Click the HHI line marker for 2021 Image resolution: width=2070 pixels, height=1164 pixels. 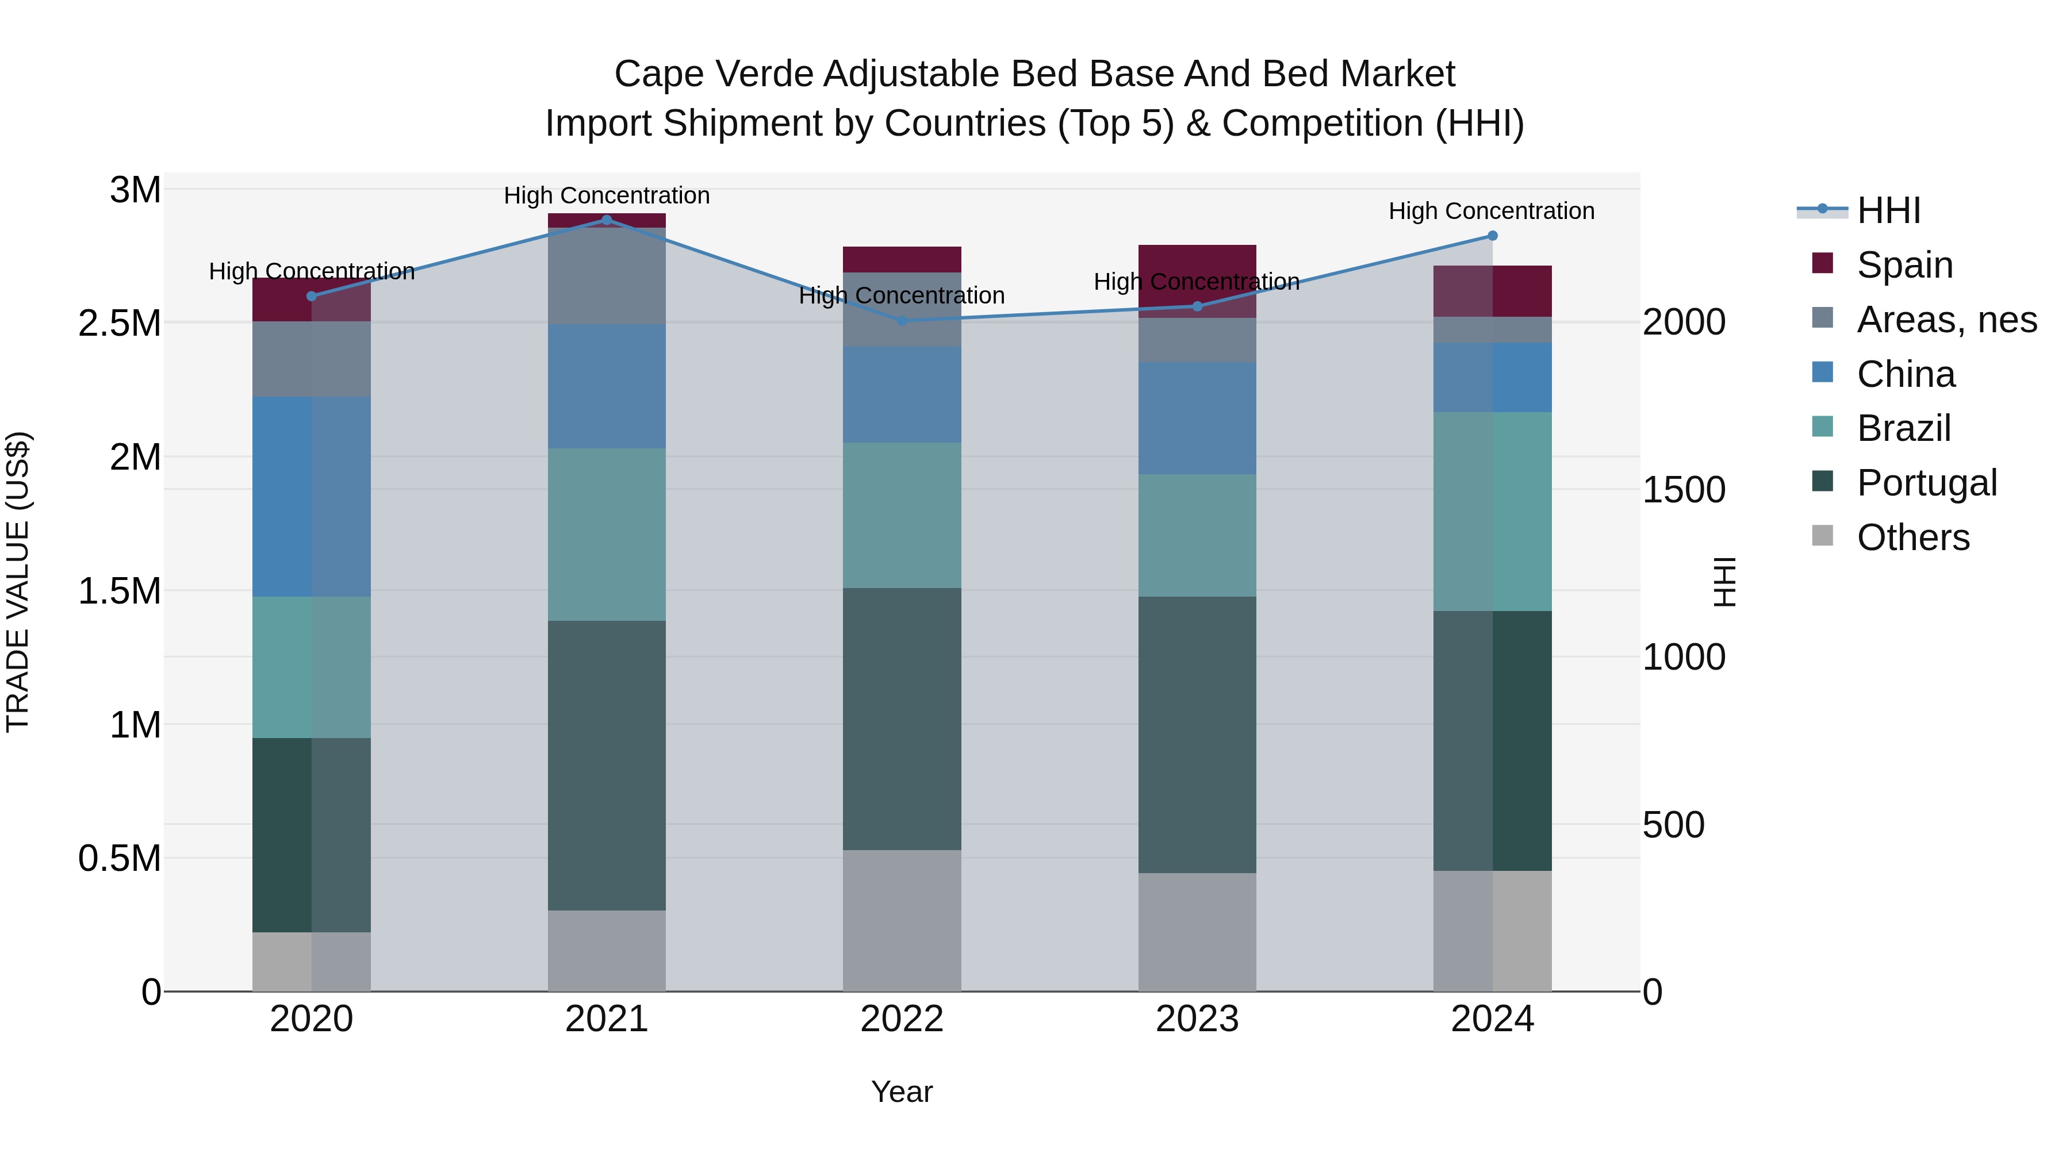607,220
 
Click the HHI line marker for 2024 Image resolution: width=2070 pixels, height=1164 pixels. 1492,235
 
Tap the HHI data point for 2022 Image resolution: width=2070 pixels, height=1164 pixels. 902,321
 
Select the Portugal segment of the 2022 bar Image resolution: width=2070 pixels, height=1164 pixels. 902,719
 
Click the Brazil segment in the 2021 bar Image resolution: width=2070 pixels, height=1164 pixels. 607,534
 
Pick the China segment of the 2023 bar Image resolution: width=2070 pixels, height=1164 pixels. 1197,418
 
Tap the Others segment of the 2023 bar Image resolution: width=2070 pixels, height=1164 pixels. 1197,932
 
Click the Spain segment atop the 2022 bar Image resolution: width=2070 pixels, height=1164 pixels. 902,259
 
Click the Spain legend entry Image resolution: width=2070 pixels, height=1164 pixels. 1904,265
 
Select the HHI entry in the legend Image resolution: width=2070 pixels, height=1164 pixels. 1888,210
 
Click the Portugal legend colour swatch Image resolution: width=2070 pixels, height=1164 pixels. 1823,482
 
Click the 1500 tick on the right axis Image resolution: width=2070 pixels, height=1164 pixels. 1684,490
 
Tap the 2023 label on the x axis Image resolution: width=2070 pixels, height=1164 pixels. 1197,1019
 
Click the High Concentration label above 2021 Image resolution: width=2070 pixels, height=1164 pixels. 607,195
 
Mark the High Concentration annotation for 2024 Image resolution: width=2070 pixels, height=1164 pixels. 1492,212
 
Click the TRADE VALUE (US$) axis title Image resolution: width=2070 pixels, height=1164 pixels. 18,582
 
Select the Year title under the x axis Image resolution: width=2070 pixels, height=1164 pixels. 902,1092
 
